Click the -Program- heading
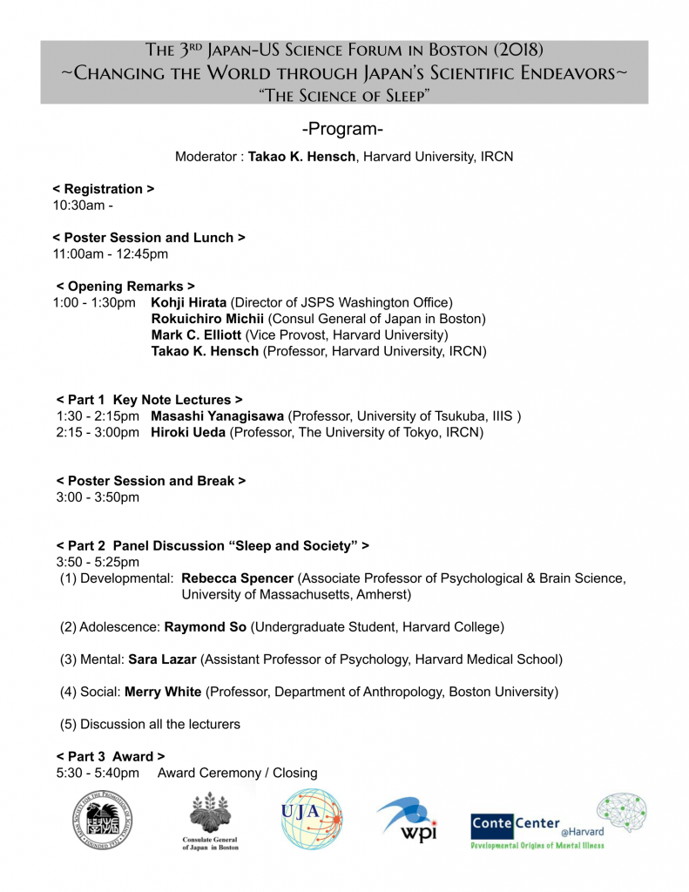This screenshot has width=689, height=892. point(342,129)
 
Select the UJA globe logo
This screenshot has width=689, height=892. point(311,820)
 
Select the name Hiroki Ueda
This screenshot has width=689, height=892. point(188,432)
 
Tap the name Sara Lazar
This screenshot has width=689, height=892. point(161,659)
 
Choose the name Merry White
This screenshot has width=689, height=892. point(164,692)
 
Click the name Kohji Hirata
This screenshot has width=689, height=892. point(188,302)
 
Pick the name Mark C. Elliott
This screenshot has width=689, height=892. point(198,334)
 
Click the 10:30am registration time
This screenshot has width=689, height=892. point(83,206)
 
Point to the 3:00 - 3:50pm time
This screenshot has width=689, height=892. point(98,497)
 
